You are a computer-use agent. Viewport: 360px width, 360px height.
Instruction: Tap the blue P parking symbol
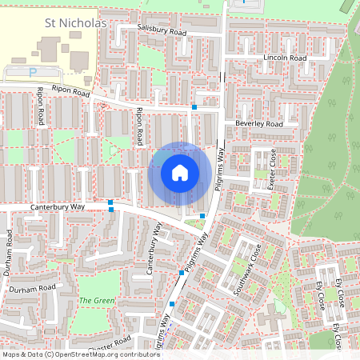point(33,72)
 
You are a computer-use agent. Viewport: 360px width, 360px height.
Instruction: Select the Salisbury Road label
point(161,30)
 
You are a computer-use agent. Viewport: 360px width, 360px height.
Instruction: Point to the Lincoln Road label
point(286,58)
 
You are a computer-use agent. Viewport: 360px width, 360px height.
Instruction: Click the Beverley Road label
point(259,124)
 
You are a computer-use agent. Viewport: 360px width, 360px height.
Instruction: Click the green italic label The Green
point(97,301)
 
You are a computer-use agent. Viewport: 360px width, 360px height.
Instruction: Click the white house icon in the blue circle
point(180,172)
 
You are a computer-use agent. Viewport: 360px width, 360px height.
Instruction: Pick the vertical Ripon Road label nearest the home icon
point(141,126)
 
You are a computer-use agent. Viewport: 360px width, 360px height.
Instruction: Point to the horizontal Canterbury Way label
point(58,206)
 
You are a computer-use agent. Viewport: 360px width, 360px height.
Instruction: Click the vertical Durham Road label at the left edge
point(8,252)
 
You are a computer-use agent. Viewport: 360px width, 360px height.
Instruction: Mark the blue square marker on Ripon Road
point(194,106)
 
